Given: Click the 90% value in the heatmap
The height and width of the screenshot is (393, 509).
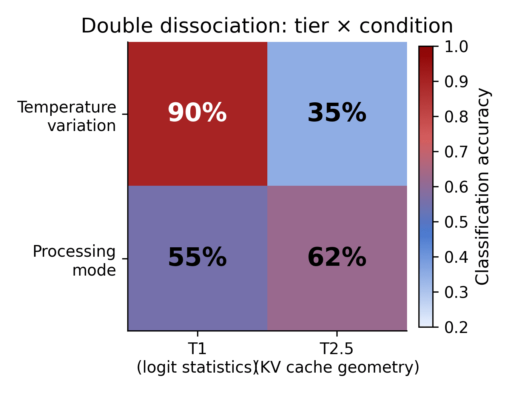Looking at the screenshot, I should (x=197, y=113).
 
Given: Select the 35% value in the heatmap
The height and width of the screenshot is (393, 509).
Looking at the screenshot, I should (x=337, y=113).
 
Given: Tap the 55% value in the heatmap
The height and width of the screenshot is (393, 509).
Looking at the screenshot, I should (x=197, y=258).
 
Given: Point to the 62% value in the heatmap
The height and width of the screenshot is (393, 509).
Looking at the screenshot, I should (x=337, y=258).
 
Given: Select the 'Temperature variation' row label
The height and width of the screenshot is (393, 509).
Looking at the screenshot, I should (x=67, y=116).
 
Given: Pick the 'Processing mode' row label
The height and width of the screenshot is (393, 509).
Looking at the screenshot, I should (x=74, y=261).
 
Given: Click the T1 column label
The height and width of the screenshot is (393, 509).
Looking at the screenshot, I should (x=197, y=349).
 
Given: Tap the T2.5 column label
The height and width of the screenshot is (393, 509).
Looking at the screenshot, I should (x=337, y=349).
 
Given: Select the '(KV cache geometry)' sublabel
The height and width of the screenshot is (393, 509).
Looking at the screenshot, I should (x=338, y=367).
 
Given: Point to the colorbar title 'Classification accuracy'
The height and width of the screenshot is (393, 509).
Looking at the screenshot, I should (x=483, y=186).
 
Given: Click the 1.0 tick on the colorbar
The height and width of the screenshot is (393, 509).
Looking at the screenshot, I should (x=456, y=47).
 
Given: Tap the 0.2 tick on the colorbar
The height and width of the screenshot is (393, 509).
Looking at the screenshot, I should (x=456, y=327).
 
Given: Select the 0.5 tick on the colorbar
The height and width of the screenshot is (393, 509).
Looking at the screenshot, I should (x=456, y=222).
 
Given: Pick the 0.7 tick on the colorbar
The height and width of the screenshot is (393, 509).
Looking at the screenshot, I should (x=456, y=152).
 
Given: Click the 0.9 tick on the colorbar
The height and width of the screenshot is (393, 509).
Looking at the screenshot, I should (x=456, y=82).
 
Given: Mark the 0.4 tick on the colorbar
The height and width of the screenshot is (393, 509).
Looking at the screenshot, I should (x=456, y=257).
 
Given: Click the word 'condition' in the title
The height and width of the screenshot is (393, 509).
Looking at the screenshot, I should (x=406, y=26).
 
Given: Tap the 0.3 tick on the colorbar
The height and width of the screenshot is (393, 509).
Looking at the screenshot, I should (x=456, y=292).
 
